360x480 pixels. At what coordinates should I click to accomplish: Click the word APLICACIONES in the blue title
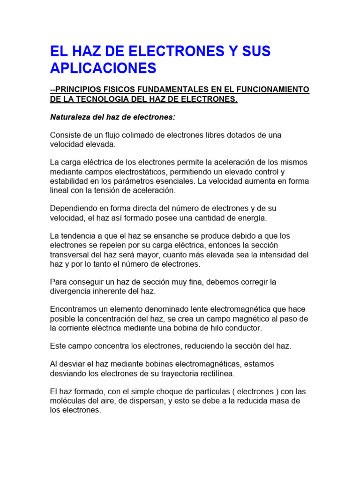click(x=103, y=68)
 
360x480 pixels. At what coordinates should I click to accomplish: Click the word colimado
click(x=139, y=135)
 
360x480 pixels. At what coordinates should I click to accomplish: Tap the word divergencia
click(x=72, y=291)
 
